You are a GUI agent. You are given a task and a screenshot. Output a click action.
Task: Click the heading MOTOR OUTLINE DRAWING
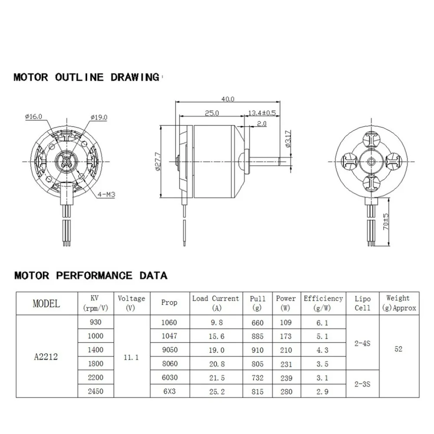tap(86, 77)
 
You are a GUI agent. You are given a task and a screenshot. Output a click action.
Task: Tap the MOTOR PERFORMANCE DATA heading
tap(90, 275)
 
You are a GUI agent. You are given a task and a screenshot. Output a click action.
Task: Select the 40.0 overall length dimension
tap(227, 99)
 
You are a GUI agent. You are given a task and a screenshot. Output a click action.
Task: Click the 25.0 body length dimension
tap(211, 113)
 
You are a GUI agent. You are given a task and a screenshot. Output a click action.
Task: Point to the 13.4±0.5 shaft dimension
tap(262, 113)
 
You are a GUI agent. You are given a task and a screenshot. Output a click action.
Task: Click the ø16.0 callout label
tap(34, 116)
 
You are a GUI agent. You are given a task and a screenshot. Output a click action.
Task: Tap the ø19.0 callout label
tap(99, 117)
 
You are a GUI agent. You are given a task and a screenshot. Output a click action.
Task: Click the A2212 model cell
tap(46, 357)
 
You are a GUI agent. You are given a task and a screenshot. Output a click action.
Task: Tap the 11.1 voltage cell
tap(131, 357)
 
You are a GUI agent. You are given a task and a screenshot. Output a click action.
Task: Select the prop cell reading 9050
tap(169, 350)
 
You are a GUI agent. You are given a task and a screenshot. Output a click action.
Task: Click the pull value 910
tap(257, 350)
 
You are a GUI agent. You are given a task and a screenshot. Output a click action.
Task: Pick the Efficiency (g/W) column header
tap(323, 303)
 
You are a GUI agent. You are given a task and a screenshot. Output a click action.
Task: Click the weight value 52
tap(398, 349)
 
